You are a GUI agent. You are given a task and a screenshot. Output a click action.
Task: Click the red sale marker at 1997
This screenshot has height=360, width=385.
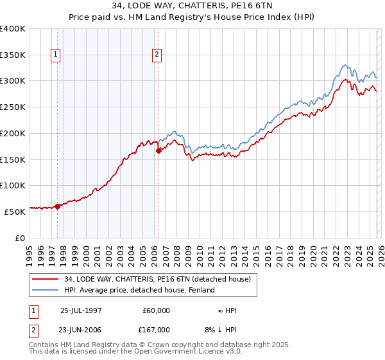(x=57, y=206)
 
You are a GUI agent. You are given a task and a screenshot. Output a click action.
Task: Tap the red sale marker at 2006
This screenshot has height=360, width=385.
(x=158, y=151)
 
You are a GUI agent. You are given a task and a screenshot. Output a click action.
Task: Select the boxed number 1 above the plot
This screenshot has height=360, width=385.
(x=56, y=55)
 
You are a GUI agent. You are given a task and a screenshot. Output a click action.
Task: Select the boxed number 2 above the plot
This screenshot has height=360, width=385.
(x=157, y=55)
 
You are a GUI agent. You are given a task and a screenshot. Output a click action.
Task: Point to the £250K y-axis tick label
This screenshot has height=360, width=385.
(x=13, y=107)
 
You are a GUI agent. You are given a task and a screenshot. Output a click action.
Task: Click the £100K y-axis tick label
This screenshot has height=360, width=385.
(x=13, y=185)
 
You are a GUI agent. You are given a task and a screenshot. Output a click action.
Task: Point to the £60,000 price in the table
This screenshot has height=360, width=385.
(x=156, y=310)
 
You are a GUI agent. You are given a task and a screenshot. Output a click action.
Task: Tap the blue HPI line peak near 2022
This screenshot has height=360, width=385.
(x=345, y=64)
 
